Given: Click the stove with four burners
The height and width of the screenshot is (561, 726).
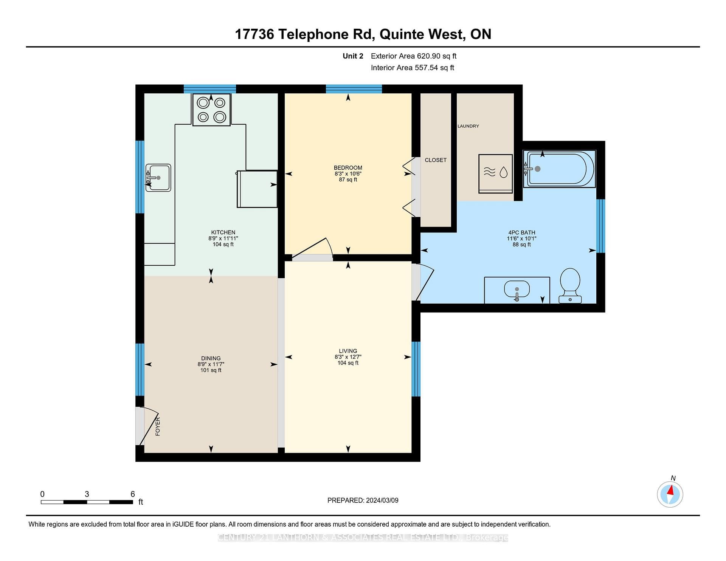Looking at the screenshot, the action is [211, 110].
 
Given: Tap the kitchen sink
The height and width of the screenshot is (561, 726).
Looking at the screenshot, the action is [158, 178].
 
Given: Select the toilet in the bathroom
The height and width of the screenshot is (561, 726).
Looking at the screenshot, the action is [570, 285].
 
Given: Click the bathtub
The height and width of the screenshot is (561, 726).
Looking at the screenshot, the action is [559, 169].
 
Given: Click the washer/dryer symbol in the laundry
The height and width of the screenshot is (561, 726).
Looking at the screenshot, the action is [496, 174].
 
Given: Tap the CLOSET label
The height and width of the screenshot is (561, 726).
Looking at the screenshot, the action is [436, 160].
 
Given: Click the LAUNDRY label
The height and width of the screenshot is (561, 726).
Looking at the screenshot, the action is [468, 126].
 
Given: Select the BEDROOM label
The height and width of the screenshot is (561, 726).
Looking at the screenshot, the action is [348, 167].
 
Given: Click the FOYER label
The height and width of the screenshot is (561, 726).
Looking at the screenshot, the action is [158, 426].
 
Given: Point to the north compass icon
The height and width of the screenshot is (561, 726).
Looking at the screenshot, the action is [670, 494].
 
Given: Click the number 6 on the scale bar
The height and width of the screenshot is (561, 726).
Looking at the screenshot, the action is [133, 494].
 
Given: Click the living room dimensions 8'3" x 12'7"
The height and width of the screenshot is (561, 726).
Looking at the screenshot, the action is [348, 357].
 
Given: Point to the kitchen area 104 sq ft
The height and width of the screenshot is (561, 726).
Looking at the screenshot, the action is [223, 244].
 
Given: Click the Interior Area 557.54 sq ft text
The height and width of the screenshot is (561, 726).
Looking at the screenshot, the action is [413, 68].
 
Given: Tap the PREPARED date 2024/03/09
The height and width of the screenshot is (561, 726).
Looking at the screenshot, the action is [382, 500].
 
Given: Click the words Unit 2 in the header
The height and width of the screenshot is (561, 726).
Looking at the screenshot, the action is [353, 56].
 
